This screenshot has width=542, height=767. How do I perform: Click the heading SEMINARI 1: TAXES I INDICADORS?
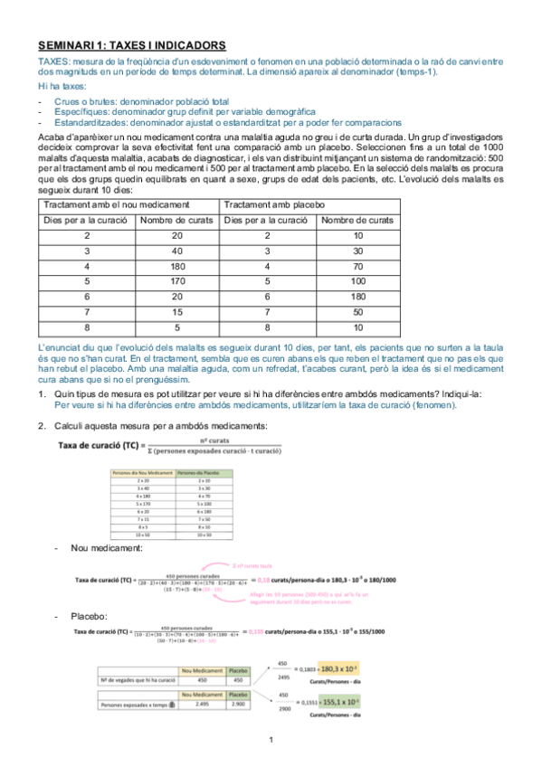coord(132,44)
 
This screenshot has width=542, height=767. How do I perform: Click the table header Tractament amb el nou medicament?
coord(117,204)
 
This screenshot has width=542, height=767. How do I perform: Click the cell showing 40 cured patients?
coord(176,251)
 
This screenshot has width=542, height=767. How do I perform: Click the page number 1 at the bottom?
coord(271,741)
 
